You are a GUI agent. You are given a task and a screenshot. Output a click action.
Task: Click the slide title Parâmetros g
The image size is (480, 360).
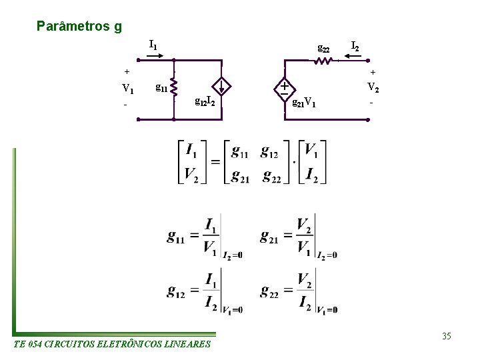[x=79, y=27]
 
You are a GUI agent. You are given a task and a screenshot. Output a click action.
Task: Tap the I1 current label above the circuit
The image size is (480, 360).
[x=153, y=45]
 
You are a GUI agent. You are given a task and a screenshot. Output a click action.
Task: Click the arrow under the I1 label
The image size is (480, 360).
[x=153, y=57]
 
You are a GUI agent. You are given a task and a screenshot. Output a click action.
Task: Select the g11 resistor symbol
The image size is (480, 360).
[x=173, y=85]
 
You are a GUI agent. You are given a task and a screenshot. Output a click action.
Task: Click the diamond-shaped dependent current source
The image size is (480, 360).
[x=221, y=86]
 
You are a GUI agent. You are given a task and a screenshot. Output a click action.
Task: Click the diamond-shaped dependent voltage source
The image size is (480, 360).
[x=284, y=88]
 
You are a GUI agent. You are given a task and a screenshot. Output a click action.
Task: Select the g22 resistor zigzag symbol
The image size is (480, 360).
[x=323, y=61]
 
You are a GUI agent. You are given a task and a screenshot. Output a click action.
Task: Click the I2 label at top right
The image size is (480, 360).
[x=355, y=46]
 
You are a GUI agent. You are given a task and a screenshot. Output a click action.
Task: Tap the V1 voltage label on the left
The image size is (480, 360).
[x=127, y=89]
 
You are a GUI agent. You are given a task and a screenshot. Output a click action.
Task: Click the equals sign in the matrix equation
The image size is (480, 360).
[x=215, y=162]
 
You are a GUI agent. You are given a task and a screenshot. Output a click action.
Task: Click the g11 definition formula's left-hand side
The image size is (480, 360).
[x=177, y=237]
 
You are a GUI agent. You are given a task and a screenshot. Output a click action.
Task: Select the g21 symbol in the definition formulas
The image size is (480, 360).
[x=269, y=237]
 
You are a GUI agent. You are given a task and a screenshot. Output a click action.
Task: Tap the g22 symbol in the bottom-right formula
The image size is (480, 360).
[x=269, y=291]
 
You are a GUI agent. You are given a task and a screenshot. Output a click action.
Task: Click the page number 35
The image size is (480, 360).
[x=446, y=336]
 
